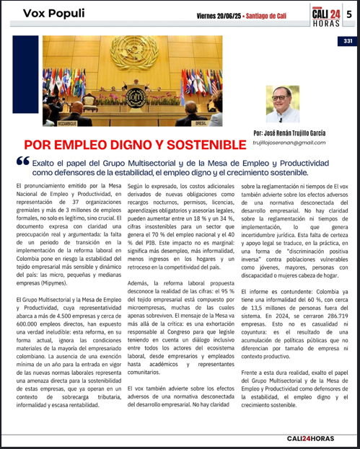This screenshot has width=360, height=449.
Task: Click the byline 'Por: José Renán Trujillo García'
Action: coord(297,133)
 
